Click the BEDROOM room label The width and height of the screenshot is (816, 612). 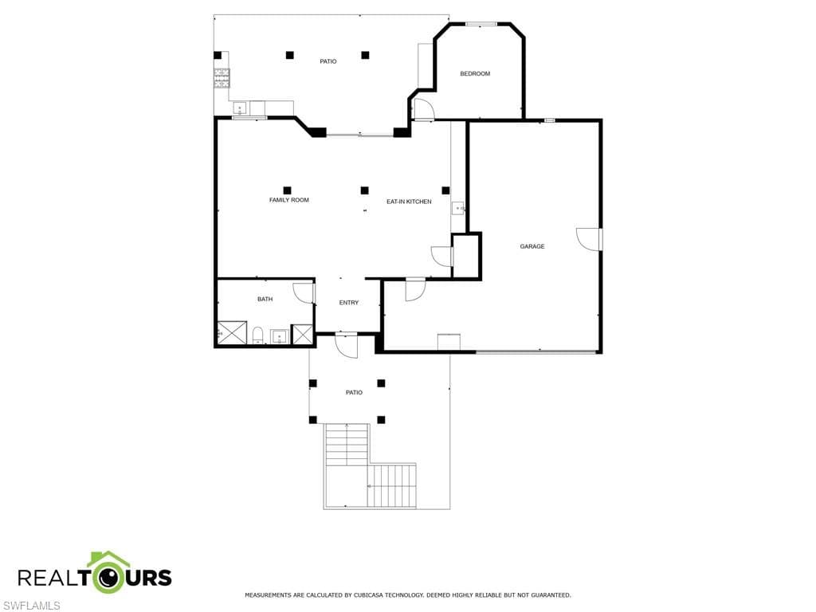(475, 74)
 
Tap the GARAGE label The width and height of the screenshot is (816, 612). (532, 247)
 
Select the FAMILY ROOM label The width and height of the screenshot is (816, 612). (288, 200)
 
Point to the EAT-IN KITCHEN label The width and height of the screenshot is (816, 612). (409, 202)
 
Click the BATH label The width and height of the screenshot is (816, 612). (265, 300)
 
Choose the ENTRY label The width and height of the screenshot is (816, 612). (349, 303)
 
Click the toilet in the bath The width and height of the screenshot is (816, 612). (258, 335)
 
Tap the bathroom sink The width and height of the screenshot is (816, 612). (280, 337)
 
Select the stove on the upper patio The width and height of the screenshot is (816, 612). (222, 78)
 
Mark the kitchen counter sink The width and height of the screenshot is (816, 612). (458, 209)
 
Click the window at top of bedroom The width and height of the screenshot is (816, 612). (481, 23)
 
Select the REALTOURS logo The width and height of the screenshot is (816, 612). (95, 574)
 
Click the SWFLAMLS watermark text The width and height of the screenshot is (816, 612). (30, 606)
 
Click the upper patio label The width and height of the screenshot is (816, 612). (328, 61)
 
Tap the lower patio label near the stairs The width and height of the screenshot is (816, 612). (354, 393)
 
